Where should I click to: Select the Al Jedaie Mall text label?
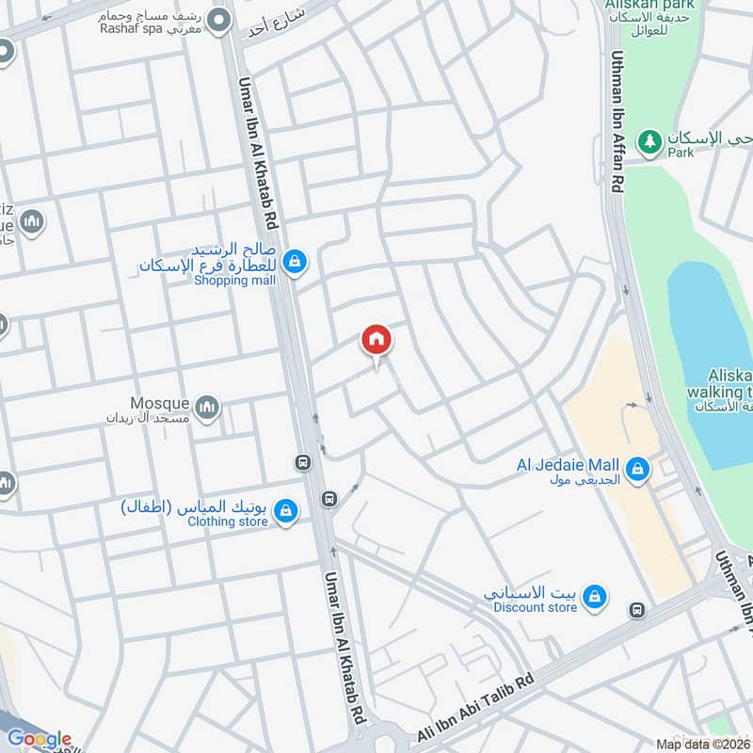pos(568,465)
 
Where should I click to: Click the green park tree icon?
pos(649,141)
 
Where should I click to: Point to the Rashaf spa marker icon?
pos(220,20)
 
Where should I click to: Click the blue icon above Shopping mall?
pos(295,261)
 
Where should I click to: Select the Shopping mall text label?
pos(234,280)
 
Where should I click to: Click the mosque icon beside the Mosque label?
pos(208,408)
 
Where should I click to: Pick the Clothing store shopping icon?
pos(286,511)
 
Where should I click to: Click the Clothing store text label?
pos(227,521)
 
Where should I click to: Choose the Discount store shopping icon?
pos(594,596)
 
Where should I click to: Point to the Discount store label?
pos(535,608)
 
